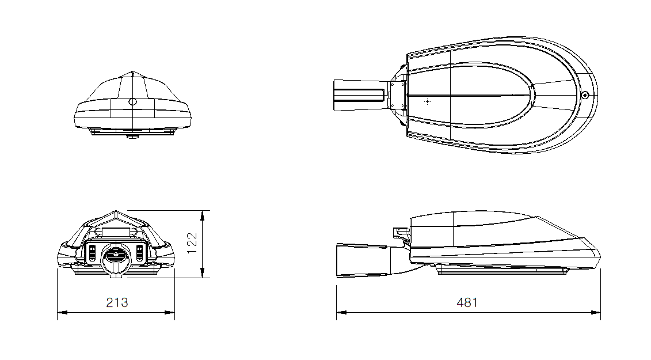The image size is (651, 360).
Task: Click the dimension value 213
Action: click(x=117, y=302)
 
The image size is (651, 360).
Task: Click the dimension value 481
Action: click(x=467, y=302)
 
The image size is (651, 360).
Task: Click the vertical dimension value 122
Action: click(x=192, y=243)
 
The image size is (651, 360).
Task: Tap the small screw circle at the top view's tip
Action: click(x=585, y=95)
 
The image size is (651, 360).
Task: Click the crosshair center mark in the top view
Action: click(x=427, y=101)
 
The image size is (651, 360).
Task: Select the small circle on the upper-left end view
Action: click(x=132, y=101)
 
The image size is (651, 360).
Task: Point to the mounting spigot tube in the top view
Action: click(x=360, y=95)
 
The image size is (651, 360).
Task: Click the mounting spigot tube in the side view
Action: click(x=362, y=260)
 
